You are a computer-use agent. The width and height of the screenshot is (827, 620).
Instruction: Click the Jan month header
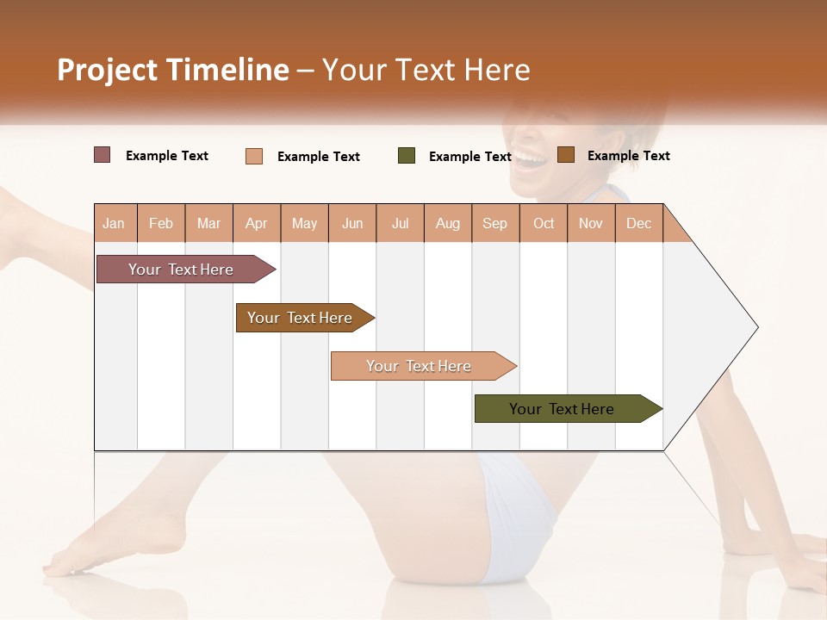pos(114,224)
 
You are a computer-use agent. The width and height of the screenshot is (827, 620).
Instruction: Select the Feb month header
pos(161,224)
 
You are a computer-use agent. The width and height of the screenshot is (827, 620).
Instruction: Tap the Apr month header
pos(256,224)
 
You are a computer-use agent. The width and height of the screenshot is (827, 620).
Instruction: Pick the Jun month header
pos(352,224)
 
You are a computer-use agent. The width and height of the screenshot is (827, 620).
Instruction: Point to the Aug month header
pos(448,224)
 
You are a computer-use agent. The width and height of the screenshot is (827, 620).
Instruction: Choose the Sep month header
pos(494,224)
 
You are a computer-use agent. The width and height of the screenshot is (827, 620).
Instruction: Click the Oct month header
pos(544,224)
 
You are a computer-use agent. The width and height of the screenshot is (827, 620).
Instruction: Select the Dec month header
pos(638,224)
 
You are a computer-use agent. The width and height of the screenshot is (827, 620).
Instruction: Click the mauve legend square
pos(102,155)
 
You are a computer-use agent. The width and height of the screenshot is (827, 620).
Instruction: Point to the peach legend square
pos(254,156)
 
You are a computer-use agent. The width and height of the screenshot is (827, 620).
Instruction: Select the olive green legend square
pos(407,156)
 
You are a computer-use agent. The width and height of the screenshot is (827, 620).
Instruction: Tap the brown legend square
pos(566,155)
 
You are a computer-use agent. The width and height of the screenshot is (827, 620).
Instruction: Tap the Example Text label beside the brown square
pos(628,156)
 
